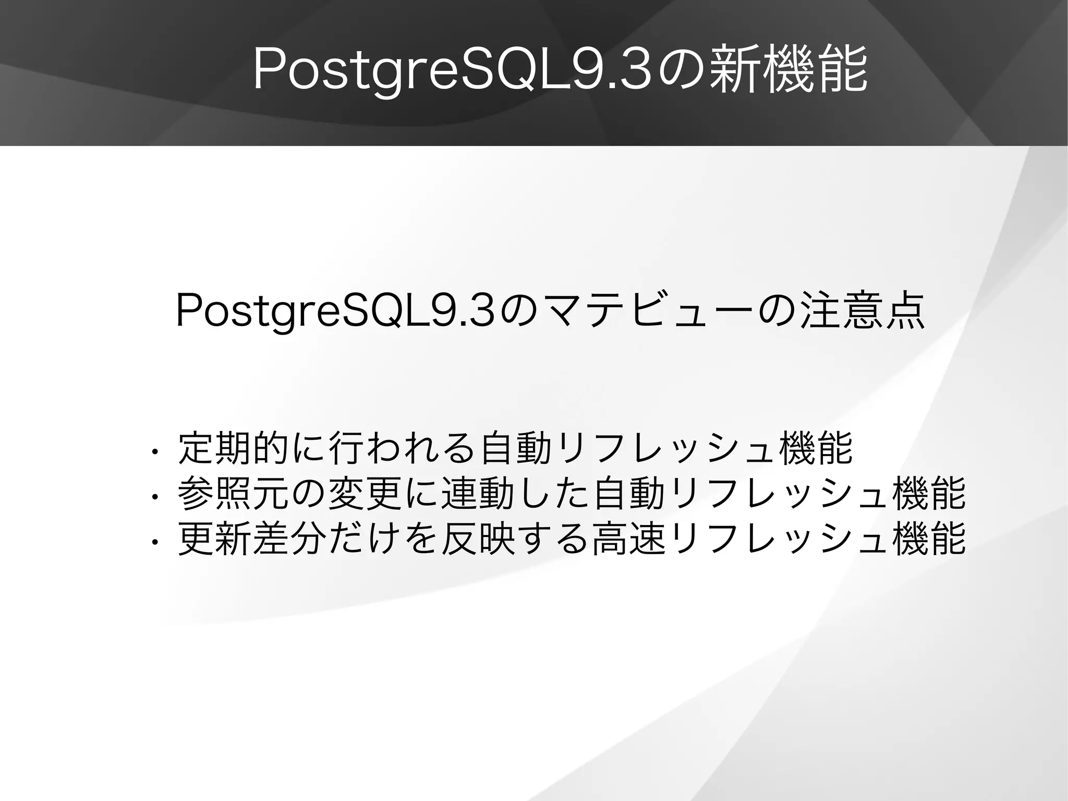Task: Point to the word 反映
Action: pos(478,539)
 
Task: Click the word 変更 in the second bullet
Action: pos(365,494)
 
